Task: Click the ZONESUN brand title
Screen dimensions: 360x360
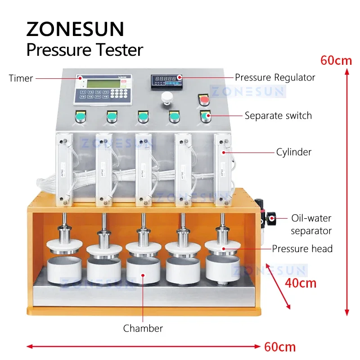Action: (75, 29)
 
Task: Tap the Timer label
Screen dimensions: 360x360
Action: (21, 78)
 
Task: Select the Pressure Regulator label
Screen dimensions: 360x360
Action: (275, 77)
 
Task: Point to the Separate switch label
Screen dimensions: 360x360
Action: (278, 116)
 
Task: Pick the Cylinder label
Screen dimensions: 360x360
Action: (294, 152)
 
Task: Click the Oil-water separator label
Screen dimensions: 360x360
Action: (310, 225)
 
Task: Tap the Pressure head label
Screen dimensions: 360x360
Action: (302, 248)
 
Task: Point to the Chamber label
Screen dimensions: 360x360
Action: (143, 328)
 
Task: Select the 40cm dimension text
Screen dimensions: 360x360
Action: (301, 283)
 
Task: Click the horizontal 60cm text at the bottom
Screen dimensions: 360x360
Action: (280, 346)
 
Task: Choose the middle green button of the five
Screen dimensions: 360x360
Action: (143, 118)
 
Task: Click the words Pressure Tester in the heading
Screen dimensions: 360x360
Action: (85, 49)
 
